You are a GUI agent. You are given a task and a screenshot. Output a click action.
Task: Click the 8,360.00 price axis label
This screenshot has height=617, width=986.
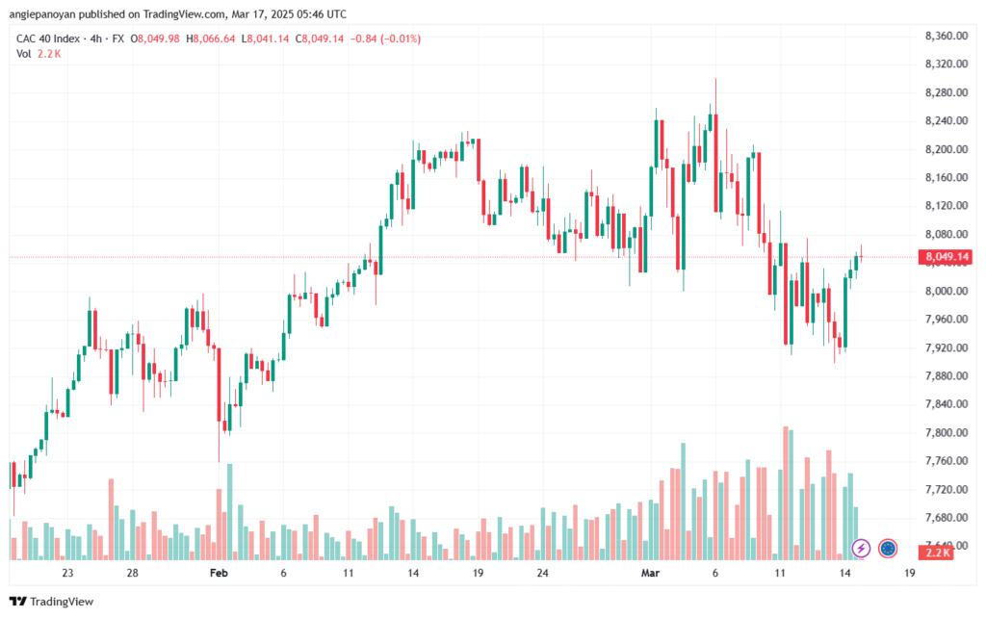tap(947, 36)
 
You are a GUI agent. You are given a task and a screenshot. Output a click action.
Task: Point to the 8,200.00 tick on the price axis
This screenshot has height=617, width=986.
tap(947, 149)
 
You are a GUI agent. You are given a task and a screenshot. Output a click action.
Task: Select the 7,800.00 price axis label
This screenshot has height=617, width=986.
tap(947, 433)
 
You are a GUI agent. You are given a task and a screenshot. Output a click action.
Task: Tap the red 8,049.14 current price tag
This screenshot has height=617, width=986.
tap(946, 257)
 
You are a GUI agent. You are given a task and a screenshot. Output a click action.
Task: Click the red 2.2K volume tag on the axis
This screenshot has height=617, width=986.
tap(936, 553)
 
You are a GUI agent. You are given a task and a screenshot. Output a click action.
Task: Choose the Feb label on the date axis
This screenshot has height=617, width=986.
tap(219, 573)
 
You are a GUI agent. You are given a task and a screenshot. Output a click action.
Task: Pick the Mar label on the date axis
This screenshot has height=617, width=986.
tap(650, 573)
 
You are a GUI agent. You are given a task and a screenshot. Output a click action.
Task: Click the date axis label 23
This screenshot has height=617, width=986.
tap(67, 573)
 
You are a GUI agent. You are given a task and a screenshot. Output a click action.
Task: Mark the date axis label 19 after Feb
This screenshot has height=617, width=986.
tap(478, 573)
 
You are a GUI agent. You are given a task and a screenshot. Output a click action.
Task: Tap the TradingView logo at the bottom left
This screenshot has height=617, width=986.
tap(52, 602)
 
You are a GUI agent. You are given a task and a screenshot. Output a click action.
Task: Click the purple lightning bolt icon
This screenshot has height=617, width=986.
tap(861, 549)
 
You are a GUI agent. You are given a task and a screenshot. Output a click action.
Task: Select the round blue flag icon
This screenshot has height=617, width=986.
tap(887, 549)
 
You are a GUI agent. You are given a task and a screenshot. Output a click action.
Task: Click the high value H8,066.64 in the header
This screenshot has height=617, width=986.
tap(211, 39)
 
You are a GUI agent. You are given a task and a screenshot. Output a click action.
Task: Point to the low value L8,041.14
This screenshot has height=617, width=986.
tap(266, 39)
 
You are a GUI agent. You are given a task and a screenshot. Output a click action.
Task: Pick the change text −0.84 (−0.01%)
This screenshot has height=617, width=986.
tap(385, 39)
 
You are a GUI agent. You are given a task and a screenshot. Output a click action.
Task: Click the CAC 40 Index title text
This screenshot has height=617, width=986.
tap(48, 39)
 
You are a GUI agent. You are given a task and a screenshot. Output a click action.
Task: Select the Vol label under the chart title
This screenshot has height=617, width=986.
tap(23, 54)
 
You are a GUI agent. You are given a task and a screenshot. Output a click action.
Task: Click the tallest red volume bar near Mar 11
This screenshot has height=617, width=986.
tap(786, 493)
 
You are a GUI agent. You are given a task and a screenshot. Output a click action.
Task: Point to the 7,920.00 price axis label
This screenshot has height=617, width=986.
tap(947, 347)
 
